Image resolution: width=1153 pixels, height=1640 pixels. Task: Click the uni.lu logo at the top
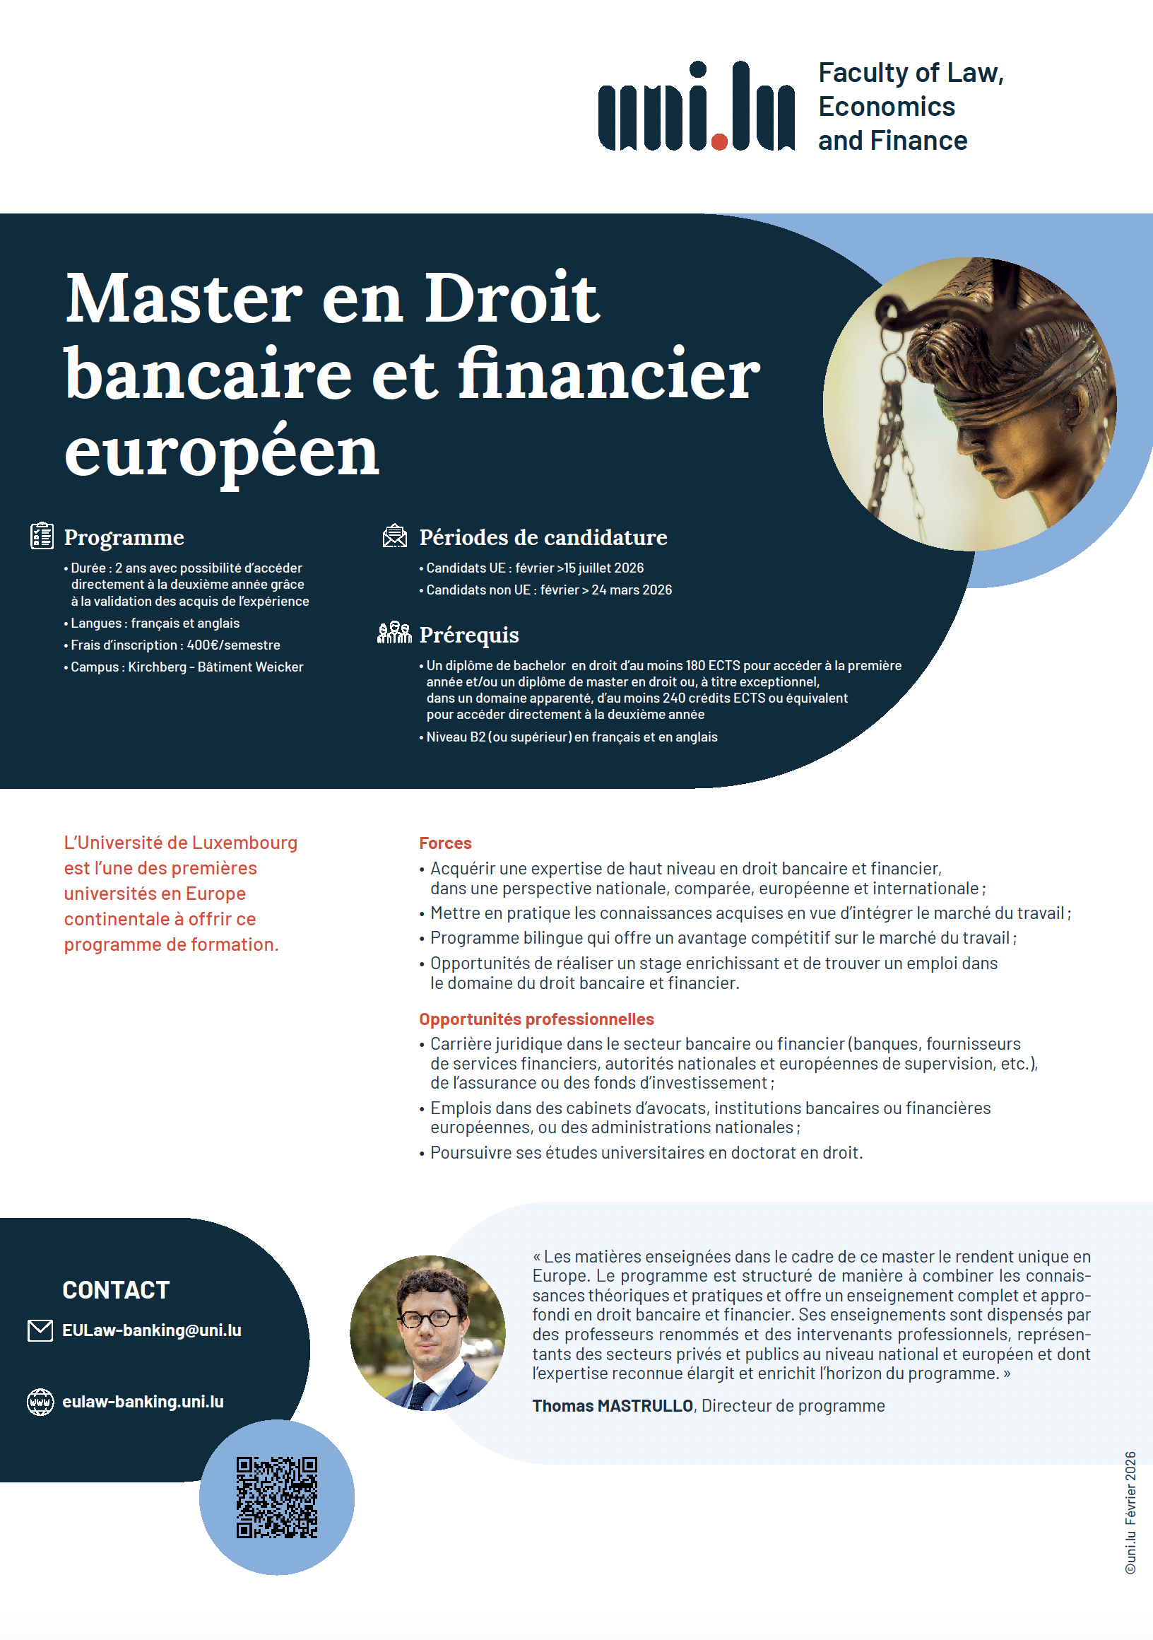(696, 107)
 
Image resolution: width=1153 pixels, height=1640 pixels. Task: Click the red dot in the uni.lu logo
(719, 142)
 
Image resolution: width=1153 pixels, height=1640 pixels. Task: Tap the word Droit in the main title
(512, 298)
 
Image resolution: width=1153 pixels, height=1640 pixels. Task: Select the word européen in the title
(221, 453)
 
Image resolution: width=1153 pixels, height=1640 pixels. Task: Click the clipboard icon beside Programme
(42, 536)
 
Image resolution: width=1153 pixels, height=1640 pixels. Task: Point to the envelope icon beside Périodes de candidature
(395, 536)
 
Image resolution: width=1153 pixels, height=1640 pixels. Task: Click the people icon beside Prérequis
(394, 633)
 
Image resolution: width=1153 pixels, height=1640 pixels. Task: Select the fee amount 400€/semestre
(233, 645)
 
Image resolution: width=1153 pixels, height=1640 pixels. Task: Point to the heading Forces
(445, 843)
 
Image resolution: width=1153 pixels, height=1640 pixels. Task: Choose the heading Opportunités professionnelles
(536, 1019)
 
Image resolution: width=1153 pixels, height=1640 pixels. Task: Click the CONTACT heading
(116, 1290)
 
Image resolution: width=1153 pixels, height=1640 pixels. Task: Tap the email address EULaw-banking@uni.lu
(151, 1330)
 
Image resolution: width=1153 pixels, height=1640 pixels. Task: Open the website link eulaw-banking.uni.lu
(143, 1402)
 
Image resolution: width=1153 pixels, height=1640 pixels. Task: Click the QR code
(277, 1497)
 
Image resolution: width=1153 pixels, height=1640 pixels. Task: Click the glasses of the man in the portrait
(427, 1318)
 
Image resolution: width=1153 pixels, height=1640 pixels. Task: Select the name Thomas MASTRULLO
(613, 1406)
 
